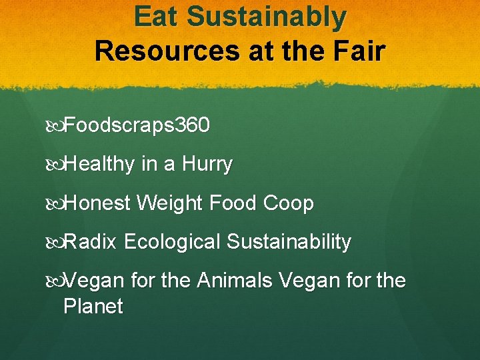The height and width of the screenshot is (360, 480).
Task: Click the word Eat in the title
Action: tap(157, 17)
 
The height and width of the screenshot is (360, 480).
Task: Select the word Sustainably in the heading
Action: tap(267, 17)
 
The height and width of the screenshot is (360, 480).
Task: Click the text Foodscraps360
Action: tap(137, 125)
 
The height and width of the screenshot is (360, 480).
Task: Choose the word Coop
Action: tap(289, 203)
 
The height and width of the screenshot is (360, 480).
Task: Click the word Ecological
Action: tap(171, 242)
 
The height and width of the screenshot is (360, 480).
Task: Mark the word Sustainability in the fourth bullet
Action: tap(288, 242)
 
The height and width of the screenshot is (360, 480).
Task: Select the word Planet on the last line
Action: tap(93, 306)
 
